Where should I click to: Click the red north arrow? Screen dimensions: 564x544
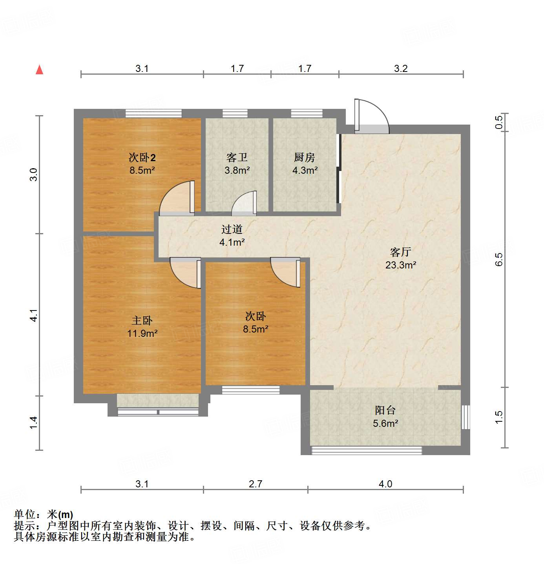pos(39,70)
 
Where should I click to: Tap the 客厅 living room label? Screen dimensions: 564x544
pos(400,252)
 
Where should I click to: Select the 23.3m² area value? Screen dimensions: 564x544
pos(400,265)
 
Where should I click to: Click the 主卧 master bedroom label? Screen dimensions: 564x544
pos(142,320)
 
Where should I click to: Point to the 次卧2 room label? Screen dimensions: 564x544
pos(142,158)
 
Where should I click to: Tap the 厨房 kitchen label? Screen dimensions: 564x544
pos(305,157)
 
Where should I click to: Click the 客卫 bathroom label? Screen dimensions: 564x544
pos(237,157)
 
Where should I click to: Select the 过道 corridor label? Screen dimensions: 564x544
pos(232,229)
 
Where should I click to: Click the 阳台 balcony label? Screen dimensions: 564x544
pos(385,410)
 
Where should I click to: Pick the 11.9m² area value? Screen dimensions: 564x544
pos(142,333)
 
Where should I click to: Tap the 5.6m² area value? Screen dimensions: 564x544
pos(385,423)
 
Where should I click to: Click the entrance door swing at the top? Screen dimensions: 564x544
pos(371,116)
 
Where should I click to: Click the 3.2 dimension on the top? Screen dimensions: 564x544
pos(401,68)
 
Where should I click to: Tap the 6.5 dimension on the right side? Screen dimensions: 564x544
pos(499,259)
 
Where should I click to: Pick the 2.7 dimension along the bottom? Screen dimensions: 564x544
pos(255,484)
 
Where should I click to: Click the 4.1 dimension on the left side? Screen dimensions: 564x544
pos(34,315)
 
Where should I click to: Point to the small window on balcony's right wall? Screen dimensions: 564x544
pos(465,417)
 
